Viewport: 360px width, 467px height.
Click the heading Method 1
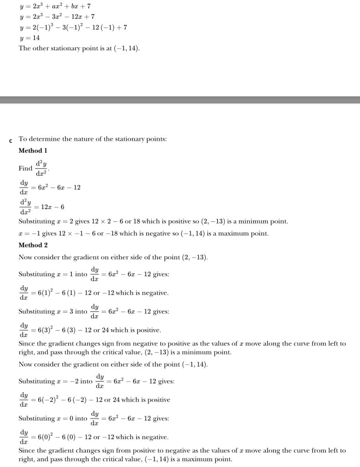(33, 150)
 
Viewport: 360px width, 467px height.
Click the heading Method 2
(33, 245)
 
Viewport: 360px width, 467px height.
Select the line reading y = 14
(29, 38)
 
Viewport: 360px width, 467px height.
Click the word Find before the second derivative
(25, 168)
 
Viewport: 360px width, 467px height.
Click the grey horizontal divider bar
(180, 100)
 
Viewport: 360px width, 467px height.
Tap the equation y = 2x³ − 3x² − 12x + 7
(57, 17)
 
